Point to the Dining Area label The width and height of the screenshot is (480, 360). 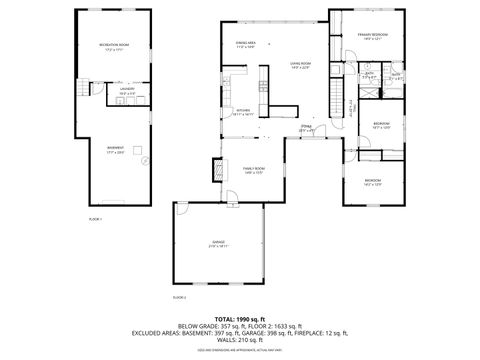coord(245,44)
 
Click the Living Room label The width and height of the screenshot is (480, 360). coord(300,65)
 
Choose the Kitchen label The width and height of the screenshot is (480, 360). coord(243,112)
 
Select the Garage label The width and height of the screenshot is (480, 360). coord(219,244)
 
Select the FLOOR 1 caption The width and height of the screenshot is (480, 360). coord(96,217)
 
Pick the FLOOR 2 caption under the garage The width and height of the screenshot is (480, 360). coord(180,297)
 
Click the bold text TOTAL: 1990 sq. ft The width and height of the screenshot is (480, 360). coord(239,317)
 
